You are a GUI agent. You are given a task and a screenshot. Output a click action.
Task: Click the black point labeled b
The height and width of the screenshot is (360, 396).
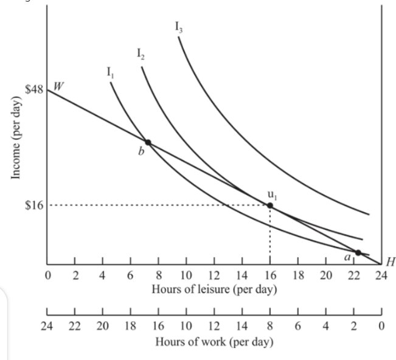(x=148, y=142)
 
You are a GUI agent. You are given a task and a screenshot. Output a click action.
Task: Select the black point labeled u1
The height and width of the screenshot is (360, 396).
(x=270, y=206)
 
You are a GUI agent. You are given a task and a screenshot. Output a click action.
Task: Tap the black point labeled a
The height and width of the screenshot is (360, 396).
(x=358, y=253)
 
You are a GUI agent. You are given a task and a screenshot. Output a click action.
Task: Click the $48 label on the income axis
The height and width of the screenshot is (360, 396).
(x=33, y=89)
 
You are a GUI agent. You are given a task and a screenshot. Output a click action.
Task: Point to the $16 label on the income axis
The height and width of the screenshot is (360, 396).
(x=33, y=205)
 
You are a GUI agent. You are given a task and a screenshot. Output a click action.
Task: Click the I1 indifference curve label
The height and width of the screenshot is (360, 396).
(x=110, y=72)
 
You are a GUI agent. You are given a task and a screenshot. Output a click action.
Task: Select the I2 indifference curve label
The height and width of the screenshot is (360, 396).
(x=141, y=55)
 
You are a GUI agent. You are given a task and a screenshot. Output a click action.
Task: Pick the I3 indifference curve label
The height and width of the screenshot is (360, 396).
(x=179, y=27)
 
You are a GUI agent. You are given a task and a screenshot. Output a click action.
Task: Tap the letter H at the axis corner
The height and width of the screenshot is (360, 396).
(x=391, y=262)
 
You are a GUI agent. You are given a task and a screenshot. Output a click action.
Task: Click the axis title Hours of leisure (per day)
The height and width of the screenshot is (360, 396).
(x=214, y=288)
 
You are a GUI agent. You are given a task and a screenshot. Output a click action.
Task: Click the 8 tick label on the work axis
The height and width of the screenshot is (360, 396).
(x=270, y=325)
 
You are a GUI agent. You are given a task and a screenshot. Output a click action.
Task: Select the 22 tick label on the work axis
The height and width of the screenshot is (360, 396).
(x=75, y=325)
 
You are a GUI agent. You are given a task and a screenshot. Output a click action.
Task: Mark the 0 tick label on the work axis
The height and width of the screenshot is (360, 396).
(x=381, y=325)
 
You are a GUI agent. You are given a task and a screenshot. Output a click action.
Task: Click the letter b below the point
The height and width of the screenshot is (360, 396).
(x=141, y=152)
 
